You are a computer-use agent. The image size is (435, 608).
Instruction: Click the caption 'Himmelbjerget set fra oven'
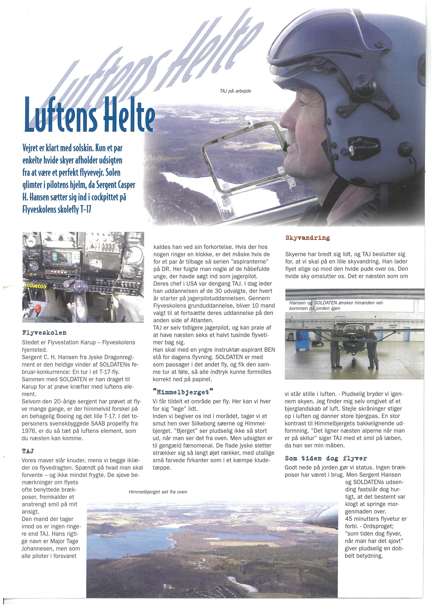click(x=158, y=492)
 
